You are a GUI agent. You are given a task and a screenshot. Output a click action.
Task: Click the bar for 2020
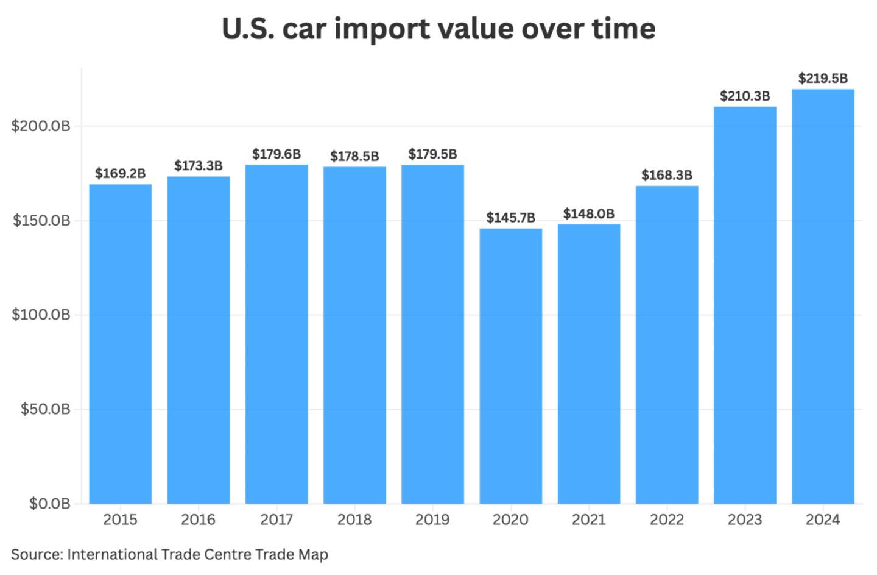510,366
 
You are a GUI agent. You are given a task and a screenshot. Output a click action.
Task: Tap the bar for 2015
121,344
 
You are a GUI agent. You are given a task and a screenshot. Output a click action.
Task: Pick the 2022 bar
667,345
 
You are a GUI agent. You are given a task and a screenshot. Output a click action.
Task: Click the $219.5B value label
823,78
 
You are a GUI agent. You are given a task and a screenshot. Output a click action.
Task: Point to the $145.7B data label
510,218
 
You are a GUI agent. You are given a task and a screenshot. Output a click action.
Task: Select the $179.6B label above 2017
276,154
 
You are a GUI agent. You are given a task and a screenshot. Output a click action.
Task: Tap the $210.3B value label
745,96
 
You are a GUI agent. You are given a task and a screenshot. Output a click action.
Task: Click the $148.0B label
588,213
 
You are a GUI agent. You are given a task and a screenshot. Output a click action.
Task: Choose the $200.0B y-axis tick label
41,126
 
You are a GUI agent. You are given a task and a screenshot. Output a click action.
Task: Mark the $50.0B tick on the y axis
45,409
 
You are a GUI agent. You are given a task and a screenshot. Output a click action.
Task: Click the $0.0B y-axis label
49,504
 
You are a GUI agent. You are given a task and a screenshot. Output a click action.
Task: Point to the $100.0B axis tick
41,315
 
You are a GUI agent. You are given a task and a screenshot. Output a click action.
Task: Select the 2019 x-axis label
432,520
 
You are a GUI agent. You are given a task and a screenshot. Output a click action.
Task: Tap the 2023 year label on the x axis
745,520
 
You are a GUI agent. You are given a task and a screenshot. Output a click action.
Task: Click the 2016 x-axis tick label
199,520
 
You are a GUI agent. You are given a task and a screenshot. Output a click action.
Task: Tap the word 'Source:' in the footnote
37,554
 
